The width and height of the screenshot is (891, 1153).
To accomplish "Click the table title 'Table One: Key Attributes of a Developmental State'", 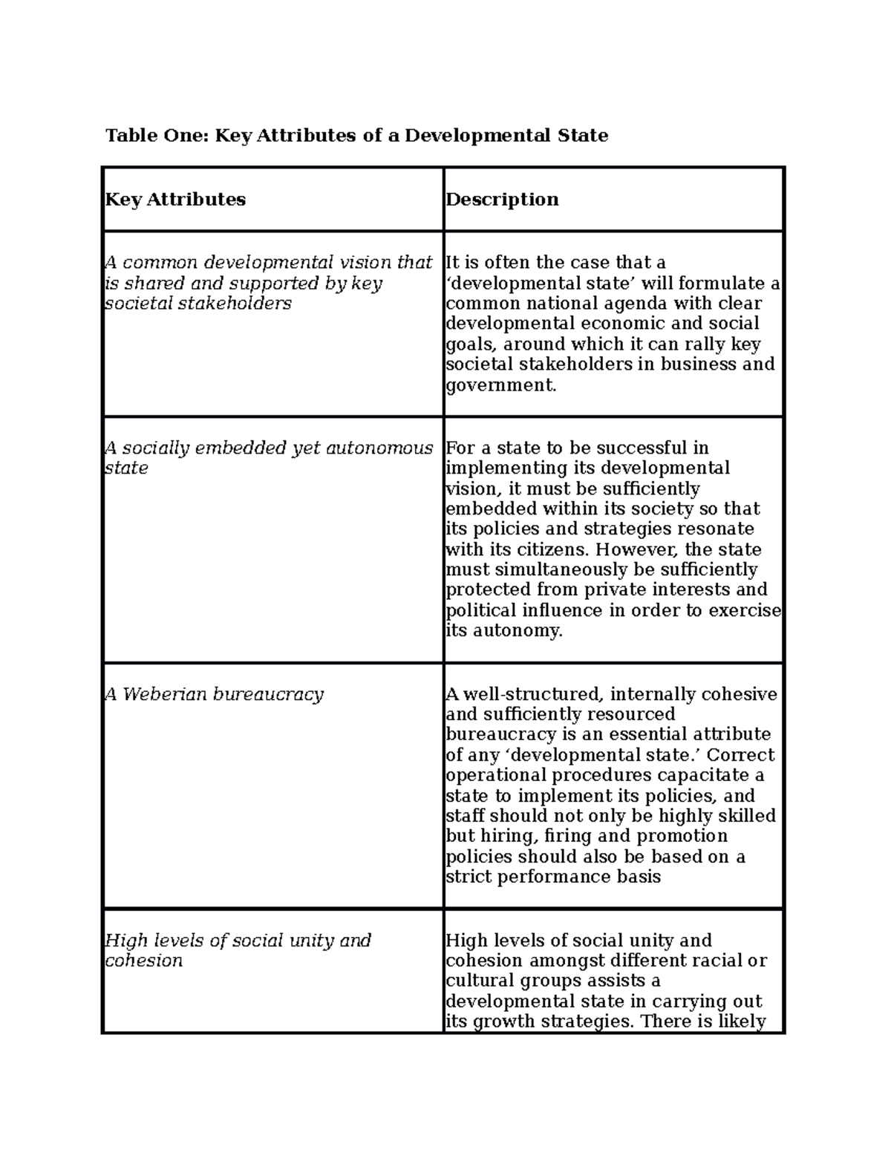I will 356,135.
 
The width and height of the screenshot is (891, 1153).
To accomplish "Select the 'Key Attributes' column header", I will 175,199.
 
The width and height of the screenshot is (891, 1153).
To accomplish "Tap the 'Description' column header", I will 502,199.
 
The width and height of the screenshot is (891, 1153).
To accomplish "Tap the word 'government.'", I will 500,385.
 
